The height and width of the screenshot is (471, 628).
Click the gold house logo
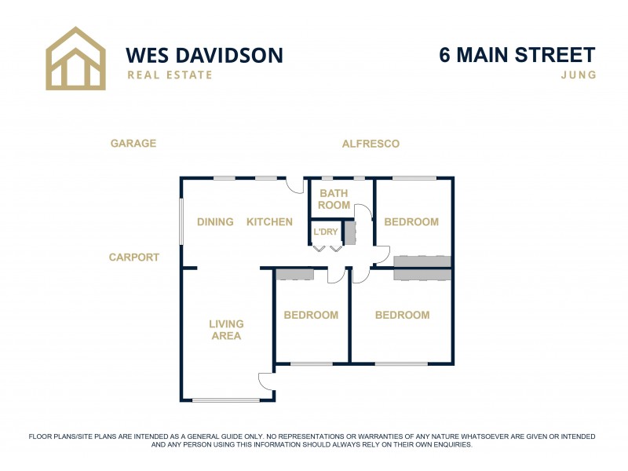(75, 59)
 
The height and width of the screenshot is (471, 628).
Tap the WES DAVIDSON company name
(204, 55)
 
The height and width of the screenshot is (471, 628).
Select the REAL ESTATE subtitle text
(170, 75)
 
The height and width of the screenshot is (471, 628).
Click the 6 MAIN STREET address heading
(517, 55)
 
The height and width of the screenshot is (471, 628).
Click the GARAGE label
(133, 144)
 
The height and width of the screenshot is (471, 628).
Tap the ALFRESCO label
(371, 144)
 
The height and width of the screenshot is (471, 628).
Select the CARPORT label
(134, 257)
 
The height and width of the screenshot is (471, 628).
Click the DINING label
(215, 222)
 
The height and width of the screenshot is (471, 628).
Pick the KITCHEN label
(269, 222)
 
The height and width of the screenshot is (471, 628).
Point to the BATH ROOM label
(334, 199)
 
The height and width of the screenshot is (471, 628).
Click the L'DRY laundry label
(325, 232)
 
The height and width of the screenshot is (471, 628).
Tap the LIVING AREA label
(226, 330)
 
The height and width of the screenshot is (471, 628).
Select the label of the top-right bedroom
(411, 222)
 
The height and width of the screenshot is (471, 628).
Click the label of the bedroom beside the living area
(311, 316)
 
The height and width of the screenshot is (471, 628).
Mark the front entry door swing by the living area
(266, 382)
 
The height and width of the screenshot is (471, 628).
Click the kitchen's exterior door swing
(294, 186)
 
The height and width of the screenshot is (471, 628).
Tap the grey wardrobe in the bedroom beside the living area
(294, 274)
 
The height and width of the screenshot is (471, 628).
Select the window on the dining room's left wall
(181, 221)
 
